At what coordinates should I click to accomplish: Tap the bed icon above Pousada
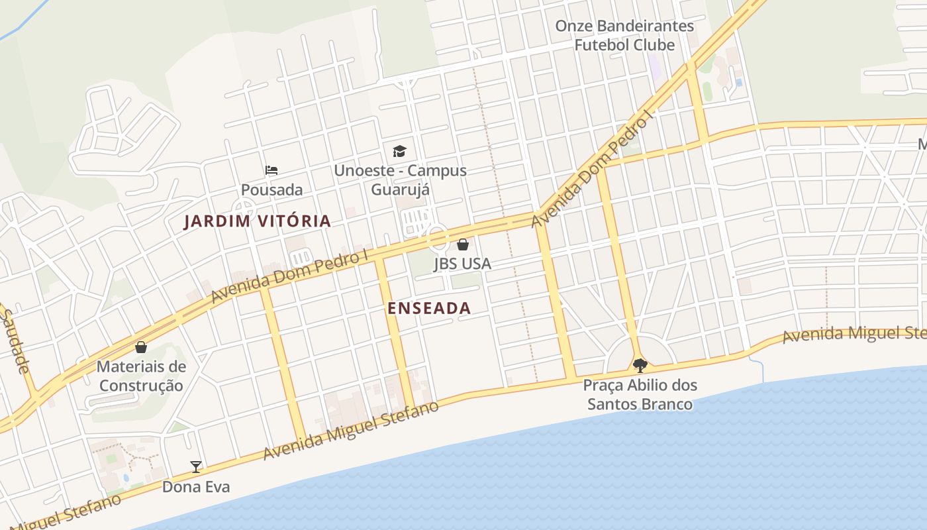[271, 170]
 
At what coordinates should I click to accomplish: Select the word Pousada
[271, 189]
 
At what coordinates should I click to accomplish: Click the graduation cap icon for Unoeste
[399, 152]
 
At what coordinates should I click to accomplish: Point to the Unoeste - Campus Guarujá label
[400, 180]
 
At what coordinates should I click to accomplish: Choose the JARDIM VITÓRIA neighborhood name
[257, 221]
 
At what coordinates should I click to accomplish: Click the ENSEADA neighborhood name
[429, 308]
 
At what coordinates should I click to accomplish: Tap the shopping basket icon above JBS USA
[463, 244]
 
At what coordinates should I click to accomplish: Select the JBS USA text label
[462, 264]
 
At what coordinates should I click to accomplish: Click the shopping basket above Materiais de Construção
[141, 347]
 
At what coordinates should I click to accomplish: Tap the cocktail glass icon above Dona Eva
[196, 467]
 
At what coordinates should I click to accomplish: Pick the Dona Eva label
[196, 487]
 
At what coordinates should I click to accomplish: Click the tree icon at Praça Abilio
[640, 365]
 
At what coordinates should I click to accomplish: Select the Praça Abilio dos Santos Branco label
[640, 394]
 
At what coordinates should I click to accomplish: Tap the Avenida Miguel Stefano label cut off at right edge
[854, 332]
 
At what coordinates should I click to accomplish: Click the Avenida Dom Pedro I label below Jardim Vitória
[289, 276]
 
